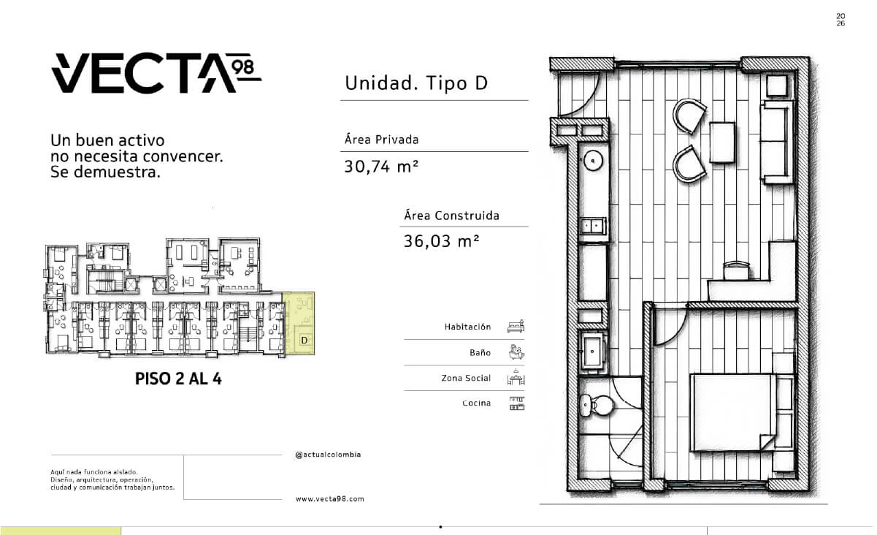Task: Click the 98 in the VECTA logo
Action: click(242, 67)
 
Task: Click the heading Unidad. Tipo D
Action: click(416, 83)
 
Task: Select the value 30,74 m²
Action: click(381, 167)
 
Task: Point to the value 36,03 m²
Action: click(441, 241)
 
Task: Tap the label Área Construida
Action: click(451, 215)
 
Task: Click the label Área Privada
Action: click(381, 139)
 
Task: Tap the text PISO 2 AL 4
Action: click(178, 379)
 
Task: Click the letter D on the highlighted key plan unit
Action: click(305, 340)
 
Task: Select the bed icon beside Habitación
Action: click(516, 327)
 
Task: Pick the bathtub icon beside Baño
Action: click(516, 352)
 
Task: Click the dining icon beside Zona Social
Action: click(516, 377)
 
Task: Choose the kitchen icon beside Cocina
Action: click(517, 403)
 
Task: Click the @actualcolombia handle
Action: click(328, 455)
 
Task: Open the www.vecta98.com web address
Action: click(329, 499)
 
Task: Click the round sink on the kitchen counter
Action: click(593, 161)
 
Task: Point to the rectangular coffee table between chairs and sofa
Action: click(722, 143)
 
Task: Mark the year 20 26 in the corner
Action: click(840, 20)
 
